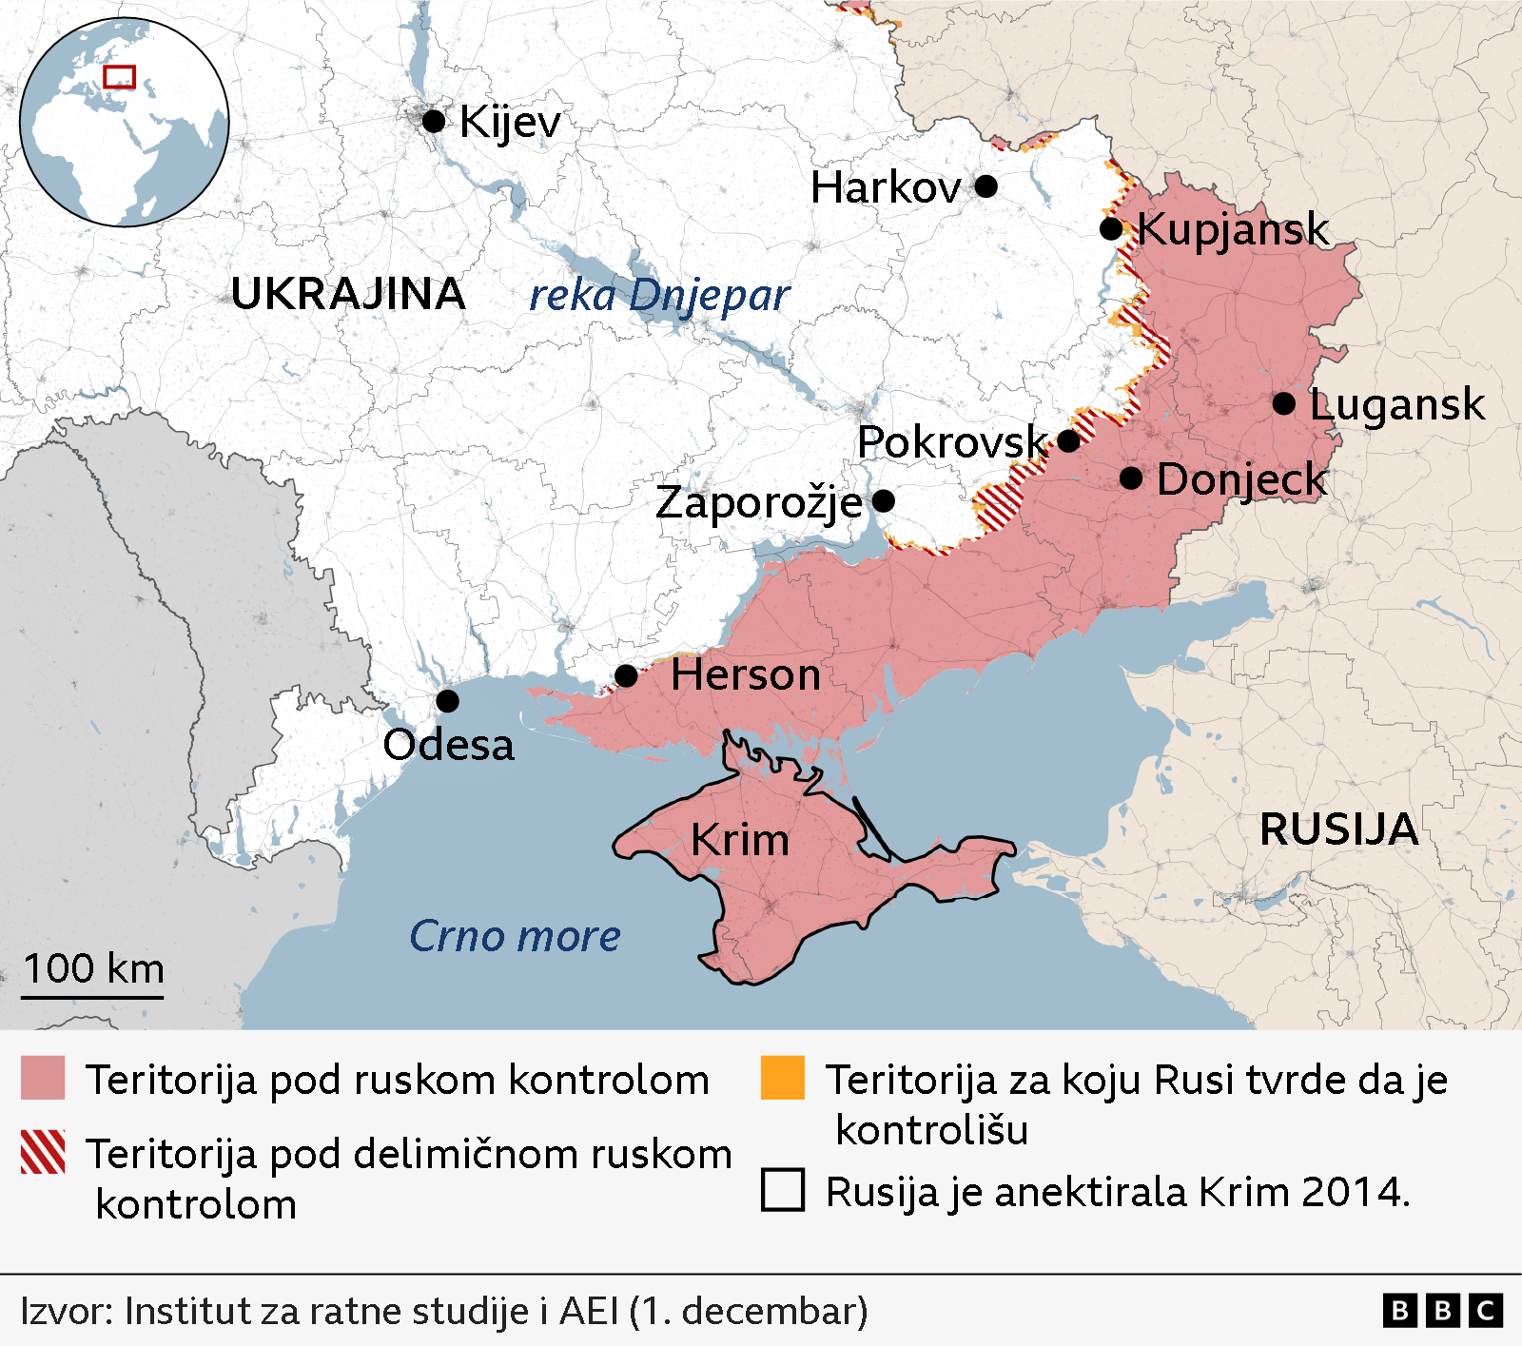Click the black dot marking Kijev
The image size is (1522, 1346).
coord(434,121)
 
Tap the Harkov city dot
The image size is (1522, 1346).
coord(986,185)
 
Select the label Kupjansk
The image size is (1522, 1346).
coord(1233,229)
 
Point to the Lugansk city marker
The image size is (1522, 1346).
coord(1284,403)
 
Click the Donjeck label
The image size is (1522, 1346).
coord(1241,478)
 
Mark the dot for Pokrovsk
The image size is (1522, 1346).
coord(1068,441)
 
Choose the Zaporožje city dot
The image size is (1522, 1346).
coord(884,500)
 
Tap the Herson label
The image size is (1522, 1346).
coord(745,675)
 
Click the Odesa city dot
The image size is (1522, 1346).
coord(447,701)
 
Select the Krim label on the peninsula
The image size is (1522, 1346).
coord(740,840)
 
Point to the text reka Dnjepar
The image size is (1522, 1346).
coord(659,296)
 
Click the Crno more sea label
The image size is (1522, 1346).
coord(515,936)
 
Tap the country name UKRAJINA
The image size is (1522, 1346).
coord(348,294)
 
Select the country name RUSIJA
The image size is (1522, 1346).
coord(1338,829)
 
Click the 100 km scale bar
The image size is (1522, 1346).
coord(92,996)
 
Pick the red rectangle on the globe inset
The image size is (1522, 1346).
coord(120,77)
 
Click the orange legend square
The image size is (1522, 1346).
coord(783,1078)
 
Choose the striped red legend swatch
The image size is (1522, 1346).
coord(43,1152)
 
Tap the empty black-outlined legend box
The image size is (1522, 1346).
coord(783,1190)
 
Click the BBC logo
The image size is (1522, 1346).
coord(1442,1310)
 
